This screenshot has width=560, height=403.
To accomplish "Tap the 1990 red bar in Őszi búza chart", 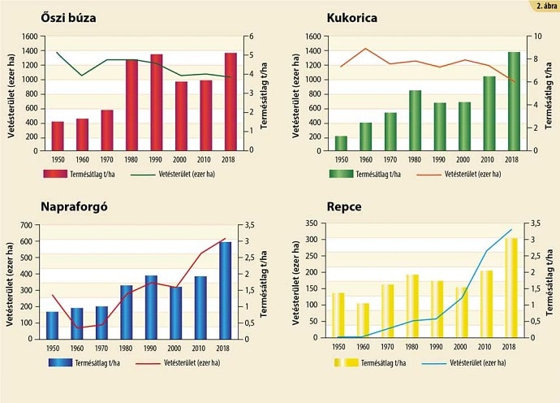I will [156, 102].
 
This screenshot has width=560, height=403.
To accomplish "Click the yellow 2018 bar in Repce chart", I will [510, 288].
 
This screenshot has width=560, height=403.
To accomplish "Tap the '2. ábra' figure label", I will [545, 6].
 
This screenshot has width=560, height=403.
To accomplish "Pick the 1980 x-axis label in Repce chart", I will [412, 347].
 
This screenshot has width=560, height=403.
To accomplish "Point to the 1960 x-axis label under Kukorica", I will [365, 159].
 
